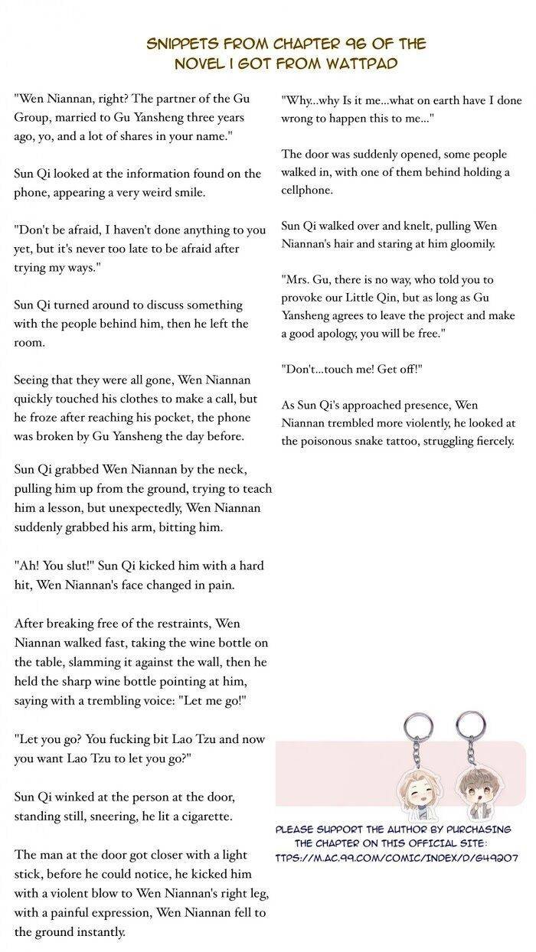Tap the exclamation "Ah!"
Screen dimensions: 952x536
tap(27, 566)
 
